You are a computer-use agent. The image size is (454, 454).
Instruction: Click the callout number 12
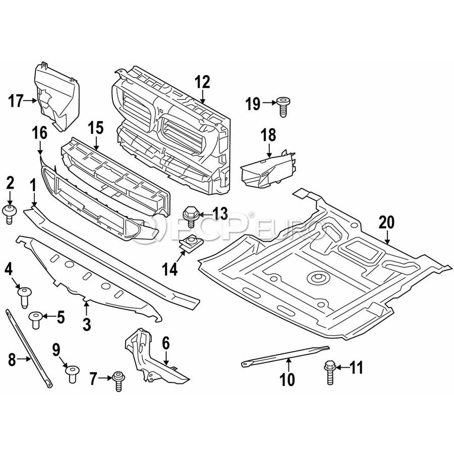[x=202, y=82]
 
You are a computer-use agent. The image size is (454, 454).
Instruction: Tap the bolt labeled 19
[x=283, y=107]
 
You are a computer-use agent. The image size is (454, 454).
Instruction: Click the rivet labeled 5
[x=36, y=320]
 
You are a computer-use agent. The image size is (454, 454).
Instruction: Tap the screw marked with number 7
[x=119, y=381]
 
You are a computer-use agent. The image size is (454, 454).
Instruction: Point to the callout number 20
[x=386, y=222]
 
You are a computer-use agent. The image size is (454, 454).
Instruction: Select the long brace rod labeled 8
[x=28, y=348]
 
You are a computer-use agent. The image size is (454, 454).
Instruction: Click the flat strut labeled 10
[x=285, y=356]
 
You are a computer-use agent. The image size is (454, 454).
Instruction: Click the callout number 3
[x=87, y=324]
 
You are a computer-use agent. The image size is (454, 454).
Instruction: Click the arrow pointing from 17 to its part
[x=30, y=101]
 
